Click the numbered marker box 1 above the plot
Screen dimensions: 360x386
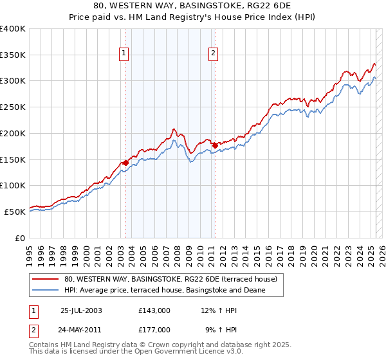(x=123, y=54)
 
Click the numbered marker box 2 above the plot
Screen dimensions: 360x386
(x=212, y=54)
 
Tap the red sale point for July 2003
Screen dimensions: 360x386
(x=125, y=163)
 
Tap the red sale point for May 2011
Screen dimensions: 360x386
(x=215, y=145)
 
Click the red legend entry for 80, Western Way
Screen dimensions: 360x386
(x=170, y=280)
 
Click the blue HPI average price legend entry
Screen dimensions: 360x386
(x=165, y=291)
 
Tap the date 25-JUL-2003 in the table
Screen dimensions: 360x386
(x=80, y=310)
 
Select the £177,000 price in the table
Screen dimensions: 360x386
(x=154, y=329)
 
